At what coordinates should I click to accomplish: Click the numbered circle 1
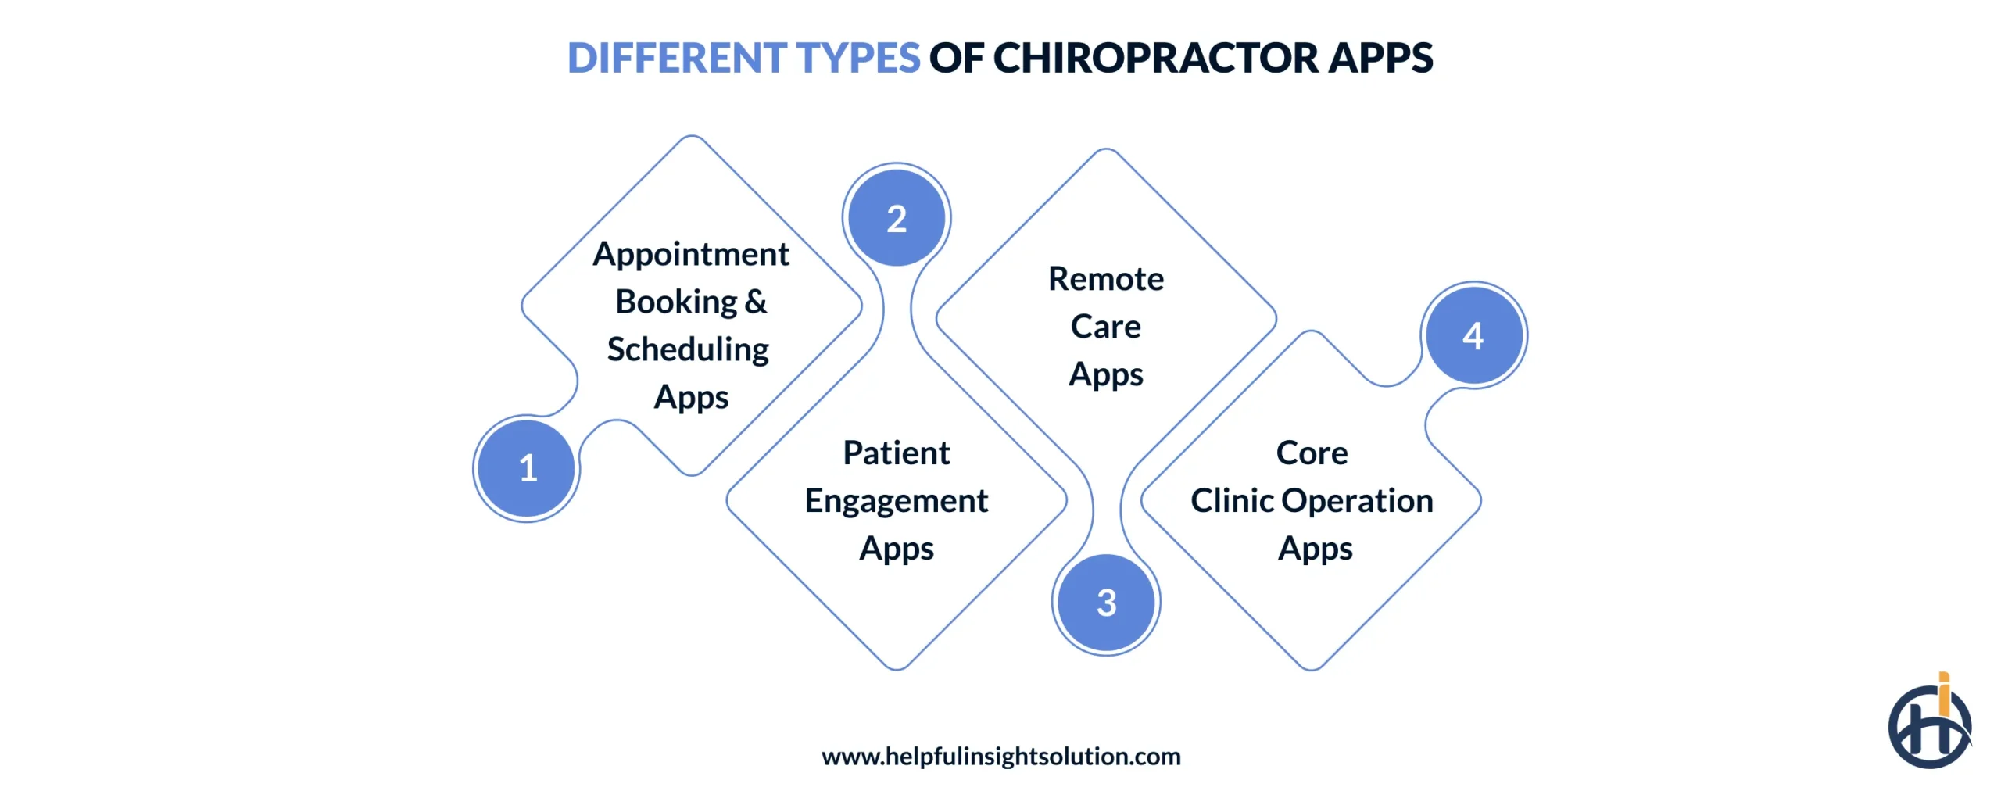527,468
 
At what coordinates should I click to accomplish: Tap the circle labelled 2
897,218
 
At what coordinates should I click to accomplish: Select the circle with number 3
1106,603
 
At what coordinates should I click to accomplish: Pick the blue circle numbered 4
1473,335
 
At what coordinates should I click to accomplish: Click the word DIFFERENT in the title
677,58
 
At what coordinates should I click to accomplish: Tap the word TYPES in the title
857,58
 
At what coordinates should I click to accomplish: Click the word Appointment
691,254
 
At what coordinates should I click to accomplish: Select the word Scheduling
688,349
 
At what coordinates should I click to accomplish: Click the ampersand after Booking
756,302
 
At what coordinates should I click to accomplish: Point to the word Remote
1106,279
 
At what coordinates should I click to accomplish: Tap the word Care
1105,327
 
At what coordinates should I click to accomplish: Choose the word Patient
897,453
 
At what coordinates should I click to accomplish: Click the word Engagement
897,501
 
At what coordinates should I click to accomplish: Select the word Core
1312,453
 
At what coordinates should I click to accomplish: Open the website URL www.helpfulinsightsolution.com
1000,756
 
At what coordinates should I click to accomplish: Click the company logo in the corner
1929,723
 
